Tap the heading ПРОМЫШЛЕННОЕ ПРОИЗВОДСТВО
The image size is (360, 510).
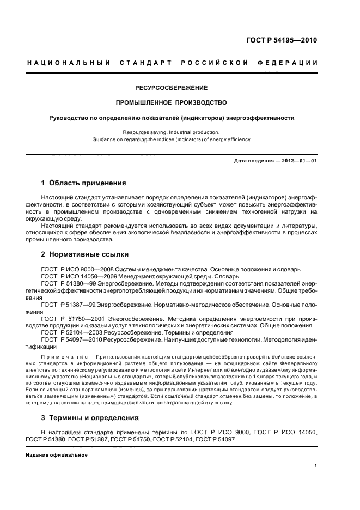172,102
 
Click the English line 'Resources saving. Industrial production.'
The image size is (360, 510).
172,132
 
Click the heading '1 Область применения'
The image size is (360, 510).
84,183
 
